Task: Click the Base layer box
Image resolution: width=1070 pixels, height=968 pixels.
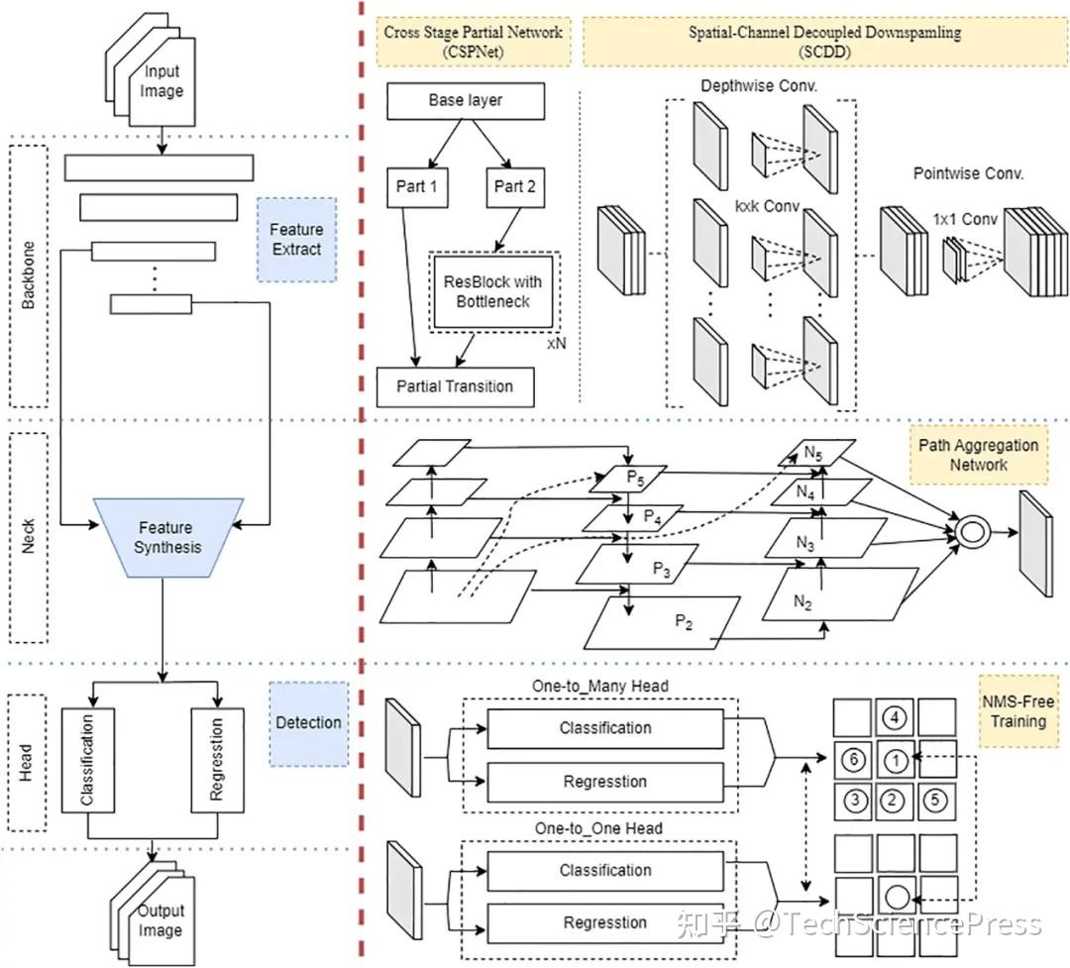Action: pyautogui.click(x=466, y=101)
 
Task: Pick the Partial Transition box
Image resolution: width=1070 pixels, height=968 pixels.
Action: pyautogui.click(x=456, y=386)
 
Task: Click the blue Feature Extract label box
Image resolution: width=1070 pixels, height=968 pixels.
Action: pyautogui.click(x=296, y=240)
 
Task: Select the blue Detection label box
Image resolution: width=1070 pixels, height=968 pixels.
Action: pyautogui.click(x=308, y=722)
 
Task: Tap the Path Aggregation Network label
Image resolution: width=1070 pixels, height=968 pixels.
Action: pyautogui.click(x=978, y=455)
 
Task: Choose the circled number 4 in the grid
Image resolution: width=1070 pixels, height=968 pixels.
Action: pyautogui.click(x=894, y=716)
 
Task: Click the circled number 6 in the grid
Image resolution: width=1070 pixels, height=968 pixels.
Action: pyautogui.click(x=853, y=760)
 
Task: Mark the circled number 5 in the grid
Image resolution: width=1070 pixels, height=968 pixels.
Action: pyautogui.click(x=935, y=800)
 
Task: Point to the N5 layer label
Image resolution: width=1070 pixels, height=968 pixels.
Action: pyautogui.click(x=814, y=454)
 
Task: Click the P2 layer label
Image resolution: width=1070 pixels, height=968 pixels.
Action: pyautogui.click(x=684, y=620)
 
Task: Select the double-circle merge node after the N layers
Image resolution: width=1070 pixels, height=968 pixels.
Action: pyautogui.click(x=971, y=533)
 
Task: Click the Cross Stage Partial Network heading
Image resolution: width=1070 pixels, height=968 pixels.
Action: pyautogui.click(x=473, y=41)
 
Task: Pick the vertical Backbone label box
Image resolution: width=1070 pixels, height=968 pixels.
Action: pyautogui.click(x=30, y=276)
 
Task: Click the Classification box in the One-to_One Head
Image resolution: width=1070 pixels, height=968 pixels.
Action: pyautogui.click(x=605, y=870)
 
